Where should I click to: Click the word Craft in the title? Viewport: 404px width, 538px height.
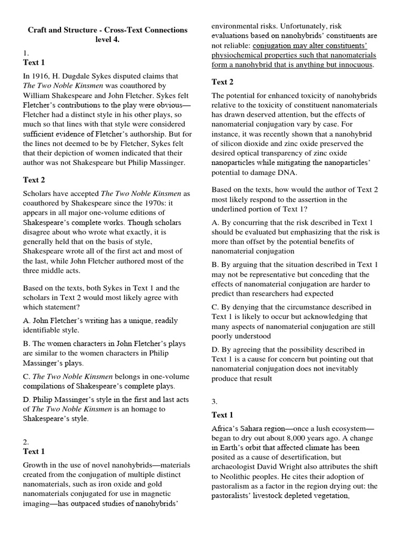click(x=38, y=30)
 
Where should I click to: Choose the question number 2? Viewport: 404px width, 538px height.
click(x=26, y=441)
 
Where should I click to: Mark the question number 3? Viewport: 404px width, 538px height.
click(x=215, y=402)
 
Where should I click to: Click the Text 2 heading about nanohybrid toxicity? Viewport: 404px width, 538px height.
click(x=223, y=82)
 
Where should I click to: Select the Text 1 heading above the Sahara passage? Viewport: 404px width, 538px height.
click(x=223, y=415)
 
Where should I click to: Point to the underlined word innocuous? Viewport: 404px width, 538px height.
click(x=354, y=65)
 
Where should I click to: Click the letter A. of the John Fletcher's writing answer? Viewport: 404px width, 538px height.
click(x=27, y=320)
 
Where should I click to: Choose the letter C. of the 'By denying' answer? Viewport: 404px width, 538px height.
click(x=215, y=306)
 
